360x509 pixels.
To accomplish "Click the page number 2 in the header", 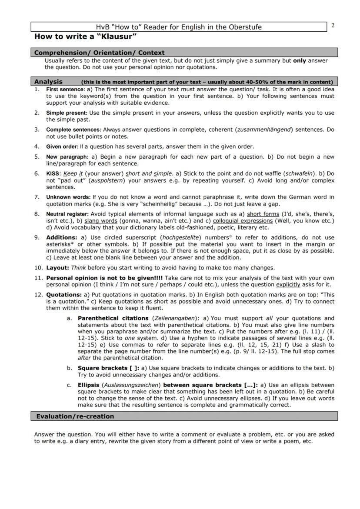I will tap(333, 25).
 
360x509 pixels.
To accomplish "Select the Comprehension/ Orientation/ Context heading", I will tap(99, 53).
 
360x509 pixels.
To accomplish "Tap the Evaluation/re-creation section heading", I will tap(75, 416).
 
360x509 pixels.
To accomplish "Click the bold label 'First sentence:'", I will tap(66, 89).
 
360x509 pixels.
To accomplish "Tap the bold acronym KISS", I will tap(53, 173).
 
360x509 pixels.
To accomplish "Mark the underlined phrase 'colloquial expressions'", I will tap(242, 221).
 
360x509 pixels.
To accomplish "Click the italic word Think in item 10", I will tap(79, 268).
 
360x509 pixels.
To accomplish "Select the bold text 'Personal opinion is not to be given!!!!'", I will tap(104, 278).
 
